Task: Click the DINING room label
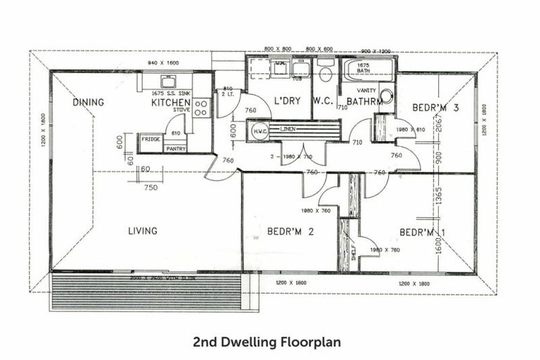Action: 88,103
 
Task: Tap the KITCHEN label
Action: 170,103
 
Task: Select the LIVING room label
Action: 142,231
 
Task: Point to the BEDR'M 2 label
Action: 289,231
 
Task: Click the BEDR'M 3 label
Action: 436,108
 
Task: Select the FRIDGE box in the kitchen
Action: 150,139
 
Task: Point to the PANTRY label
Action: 175,149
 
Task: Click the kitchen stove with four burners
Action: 201,108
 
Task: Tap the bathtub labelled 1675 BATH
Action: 368,71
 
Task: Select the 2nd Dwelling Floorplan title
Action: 267,342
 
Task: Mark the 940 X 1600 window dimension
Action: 163,63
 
